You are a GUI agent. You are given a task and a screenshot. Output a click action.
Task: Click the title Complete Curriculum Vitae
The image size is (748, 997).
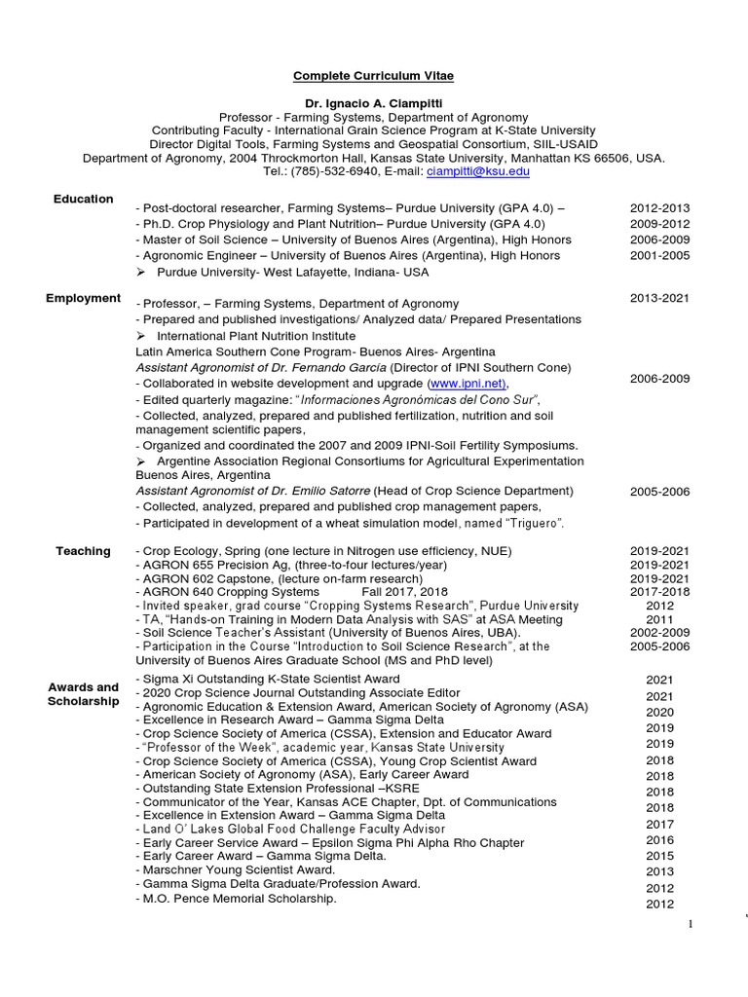click(x=375, y=75)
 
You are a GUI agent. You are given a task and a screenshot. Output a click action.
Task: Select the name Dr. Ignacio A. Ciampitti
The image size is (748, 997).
click(x=374, y=103)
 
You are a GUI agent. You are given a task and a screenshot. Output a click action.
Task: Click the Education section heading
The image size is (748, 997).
click(x=83, y=199)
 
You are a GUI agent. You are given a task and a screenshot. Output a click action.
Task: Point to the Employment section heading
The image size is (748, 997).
click(x=83, y=298)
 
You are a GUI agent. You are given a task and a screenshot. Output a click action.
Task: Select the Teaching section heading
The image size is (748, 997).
click(x=83, y=551)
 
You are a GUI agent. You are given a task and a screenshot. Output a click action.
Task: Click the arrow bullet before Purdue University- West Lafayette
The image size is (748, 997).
click(x=141, y=272)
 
